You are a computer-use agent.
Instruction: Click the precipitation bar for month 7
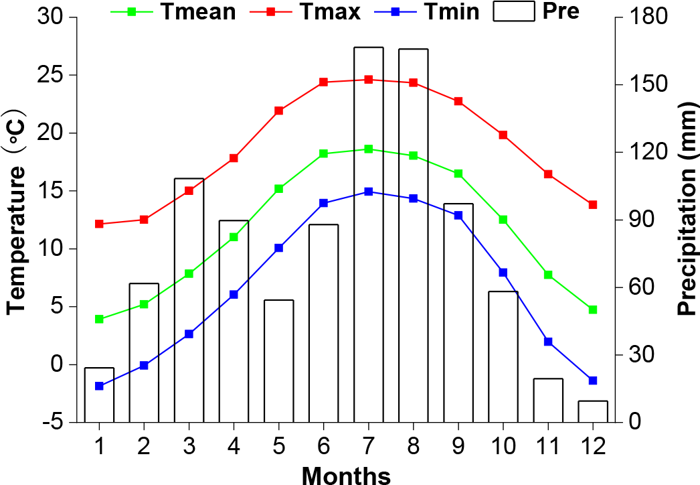[369, 234]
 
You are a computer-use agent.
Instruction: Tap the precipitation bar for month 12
[593, 411]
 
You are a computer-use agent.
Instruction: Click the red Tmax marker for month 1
[99, 224]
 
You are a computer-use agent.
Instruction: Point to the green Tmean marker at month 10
[503, 220]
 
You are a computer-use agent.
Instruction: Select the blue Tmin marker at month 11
[548, 342]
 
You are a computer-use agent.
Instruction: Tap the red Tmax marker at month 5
[279, 111]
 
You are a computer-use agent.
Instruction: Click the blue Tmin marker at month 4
[234, 294]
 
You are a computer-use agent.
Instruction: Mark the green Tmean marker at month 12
[593, 309]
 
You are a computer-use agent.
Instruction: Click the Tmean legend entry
[197, 11]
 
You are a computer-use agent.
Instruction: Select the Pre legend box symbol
[514, 11]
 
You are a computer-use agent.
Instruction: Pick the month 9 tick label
[458, 444]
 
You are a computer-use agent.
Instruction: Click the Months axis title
[346, 475]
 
